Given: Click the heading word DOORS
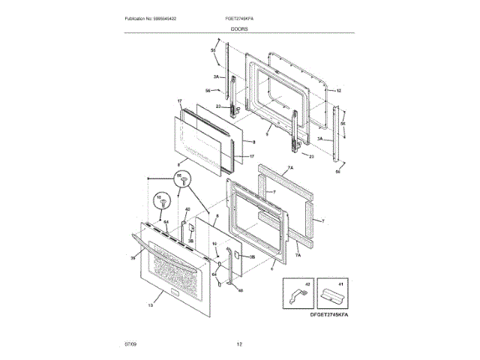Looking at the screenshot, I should coord(240,28).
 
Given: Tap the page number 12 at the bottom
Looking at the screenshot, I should coord(239,344).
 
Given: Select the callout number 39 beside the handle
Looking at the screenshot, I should coord(133,257).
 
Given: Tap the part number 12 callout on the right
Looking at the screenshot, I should coord(338,91).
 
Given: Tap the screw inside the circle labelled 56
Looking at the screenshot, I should coord(180,180).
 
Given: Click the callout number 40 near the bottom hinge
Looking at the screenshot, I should coord(241,290).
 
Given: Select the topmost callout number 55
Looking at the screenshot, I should coord(212,50).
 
